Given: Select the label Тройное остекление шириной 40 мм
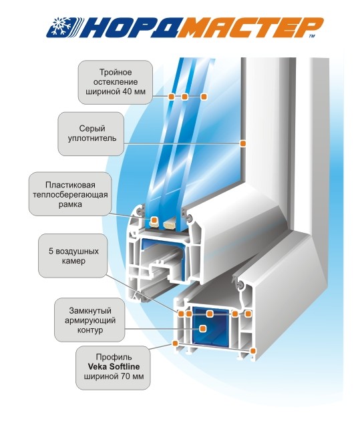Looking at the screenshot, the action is (x=116, y=82).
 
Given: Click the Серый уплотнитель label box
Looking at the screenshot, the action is (x=91, y=133).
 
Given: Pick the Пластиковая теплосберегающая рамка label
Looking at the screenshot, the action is (x=70, y=194).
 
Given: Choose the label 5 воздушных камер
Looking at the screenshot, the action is (x=73, y=256).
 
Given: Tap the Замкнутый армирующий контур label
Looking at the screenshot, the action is (x=89, y=320).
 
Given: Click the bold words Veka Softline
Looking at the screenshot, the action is (x=114, y=366).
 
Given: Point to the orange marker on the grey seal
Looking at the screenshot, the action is (x=243, y=143).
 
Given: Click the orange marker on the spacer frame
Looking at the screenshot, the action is (x=154, y=220).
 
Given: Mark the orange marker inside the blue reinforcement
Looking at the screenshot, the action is (x=203, y=328).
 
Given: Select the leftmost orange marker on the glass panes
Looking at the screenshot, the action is (x=171, y=96).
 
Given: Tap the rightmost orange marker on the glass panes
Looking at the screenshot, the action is (x=204, y=96).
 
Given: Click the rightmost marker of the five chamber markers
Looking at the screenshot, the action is (x=248, y=314).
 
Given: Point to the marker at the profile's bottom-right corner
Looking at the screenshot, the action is (x=252, y=350).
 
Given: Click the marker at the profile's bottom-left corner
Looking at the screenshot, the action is (x=175, y=343).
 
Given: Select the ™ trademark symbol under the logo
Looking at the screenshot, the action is (x=312, y=35).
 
